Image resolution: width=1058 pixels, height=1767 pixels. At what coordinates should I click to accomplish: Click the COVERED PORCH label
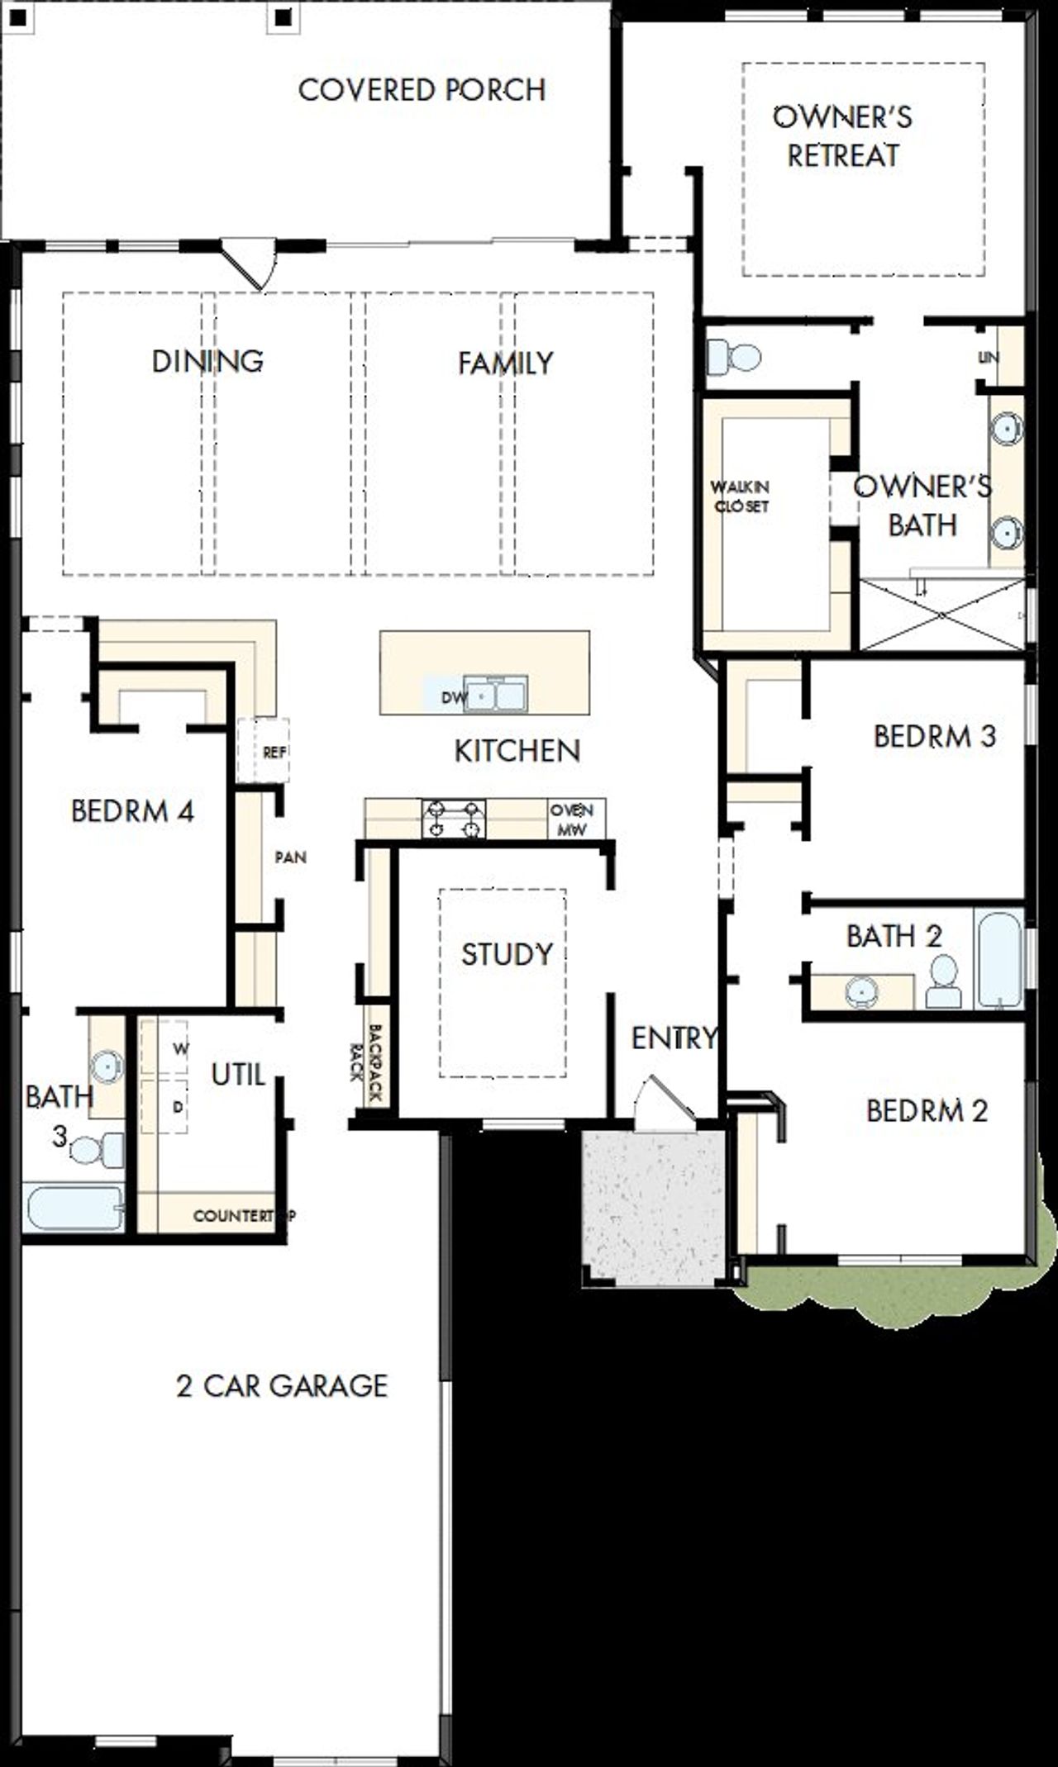(x=422, y=89)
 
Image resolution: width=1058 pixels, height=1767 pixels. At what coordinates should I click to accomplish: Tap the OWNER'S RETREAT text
(x=842, y=136)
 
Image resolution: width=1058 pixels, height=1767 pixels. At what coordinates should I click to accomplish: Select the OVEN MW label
(x=572, y=820)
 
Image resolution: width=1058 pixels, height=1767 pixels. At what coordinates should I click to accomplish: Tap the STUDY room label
(x=506, y=954)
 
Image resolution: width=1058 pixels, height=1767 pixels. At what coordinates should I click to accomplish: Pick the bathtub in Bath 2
(x=998, y=958)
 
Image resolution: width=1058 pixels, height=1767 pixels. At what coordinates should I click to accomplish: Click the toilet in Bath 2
(x=943, y=981)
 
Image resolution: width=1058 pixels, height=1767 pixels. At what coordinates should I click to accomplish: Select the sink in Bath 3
(x=107, y=1066)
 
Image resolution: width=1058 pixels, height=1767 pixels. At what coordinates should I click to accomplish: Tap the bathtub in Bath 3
(x=74, y=1207)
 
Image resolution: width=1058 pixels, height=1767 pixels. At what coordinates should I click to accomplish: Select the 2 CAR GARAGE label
(x=282, y=1385)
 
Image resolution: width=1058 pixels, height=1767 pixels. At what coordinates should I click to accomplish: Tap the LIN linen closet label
(x=989, y=358)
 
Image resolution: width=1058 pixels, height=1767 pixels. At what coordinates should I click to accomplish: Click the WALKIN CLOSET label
(x=741, y=496)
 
